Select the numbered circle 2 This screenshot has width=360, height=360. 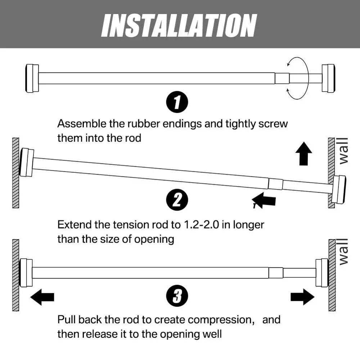point(177,200)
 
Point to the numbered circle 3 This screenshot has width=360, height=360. point(177,297)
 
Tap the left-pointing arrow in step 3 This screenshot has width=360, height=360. point(42,297)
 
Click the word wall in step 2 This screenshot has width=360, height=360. point(343,150)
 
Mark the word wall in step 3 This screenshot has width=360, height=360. point(343,252)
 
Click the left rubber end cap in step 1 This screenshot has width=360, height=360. point(32,78)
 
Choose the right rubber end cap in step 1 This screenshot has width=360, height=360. point(328,78)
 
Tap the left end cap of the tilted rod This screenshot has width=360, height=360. point(27,162)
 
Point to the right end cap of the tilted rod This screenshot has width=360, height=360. point(339,189)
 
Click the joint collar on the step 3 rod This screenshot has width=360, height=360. point(276,273)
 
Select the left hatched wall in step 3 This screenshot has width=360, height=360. point(15,275)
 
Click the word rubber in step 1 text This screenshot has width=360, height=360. point(151,124)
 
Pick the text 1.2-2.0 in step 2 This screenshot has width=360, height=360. point(201,225)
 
